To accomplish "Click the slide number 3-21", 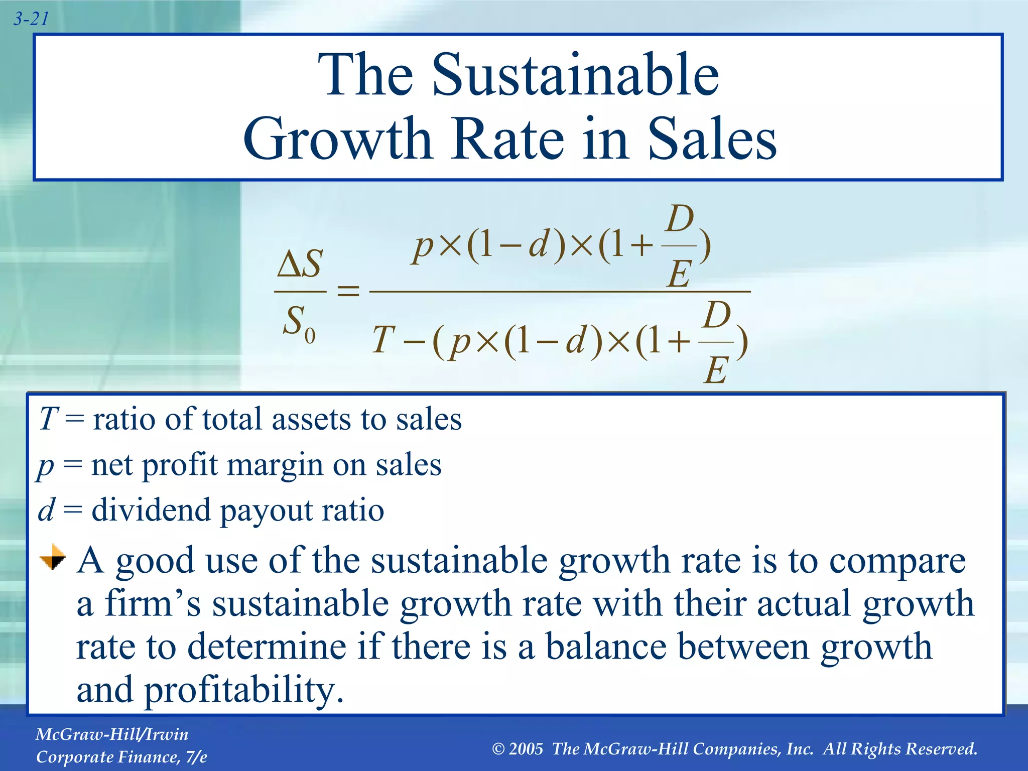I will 31,19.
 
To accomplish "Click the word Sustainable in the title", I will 575,75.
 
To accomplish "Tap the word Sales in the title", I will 712,139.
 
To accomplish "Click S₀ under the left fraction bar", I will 299,323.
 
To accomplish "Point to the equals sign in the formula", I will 348,291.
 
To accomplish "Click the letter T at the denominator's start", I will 384,340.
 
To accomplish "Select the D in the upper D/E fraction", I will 680,219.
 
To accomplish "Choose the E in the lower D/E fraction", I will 716,371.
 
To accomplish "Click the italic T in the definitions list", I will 49,419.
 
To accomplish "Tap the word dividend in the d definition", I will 151,510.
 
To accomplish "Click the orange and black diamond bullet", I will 53,558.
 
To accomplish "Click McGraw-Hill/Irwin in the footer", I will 112,734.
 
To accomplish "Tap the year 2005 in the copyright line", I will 526,749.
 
